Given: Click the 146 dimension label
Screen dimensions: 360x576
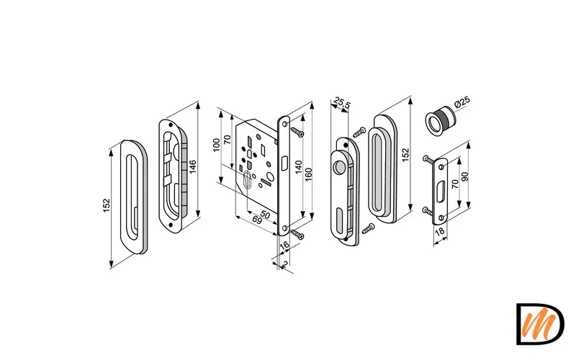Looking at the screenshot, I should (193, 166).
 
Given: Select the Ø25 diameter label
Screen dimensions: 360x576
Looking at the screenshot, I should (462, 103).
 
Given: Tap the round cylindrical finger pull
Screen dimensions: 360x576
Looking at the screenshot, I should (438, 120).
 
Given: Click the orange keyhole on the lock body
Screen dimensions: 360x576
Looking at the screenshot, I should (248, 180).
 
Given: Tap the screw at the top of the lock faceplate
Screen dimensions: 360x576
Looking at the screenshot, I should (297, 132).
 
